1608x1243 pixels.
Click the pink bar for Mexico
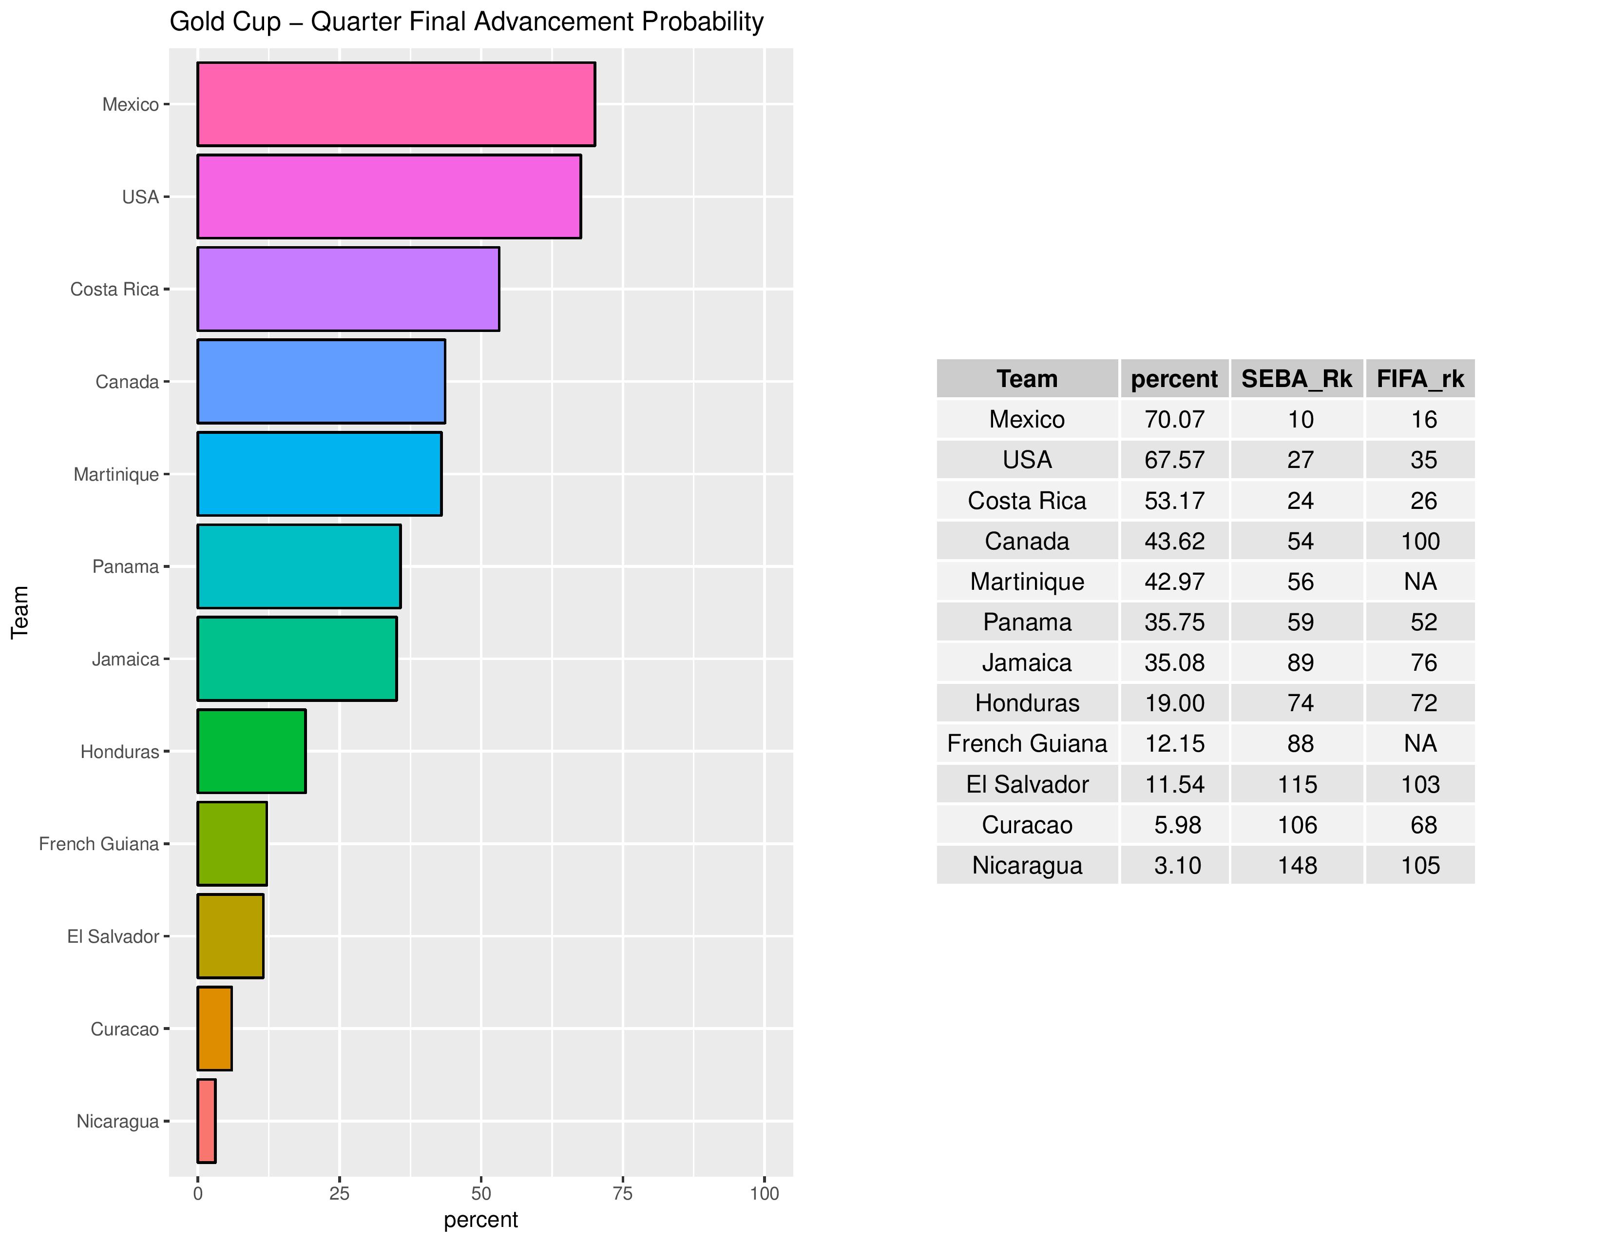396,105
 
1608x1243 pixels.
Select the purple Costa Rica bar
348,290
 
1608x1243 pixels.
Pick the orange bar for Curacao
215,1029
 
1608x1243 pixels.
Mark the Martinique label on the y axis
116,474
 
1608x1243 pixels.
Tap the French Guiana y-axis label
98,844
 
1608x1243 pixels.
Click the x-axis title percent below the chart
481,1220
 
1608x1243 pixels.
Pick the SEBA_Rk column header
1297,378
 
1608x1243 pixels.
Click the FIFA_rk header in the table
1420,378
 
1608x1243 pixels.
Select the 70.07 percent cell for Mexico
1174,419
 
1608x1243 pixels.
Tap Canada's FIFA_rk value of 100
1420,541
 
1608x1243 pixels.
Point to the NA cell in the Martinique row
1420,582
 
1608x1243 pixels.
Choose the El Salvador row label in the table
1027,784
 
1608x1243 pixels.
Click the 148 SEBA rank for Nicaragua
1297,865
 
